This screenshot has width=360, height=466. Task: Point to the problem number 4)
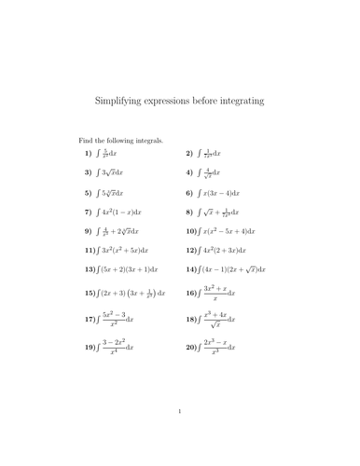(x=189, y=173)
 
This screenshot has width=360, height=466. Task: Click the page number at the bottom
(x=179, y=435)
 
